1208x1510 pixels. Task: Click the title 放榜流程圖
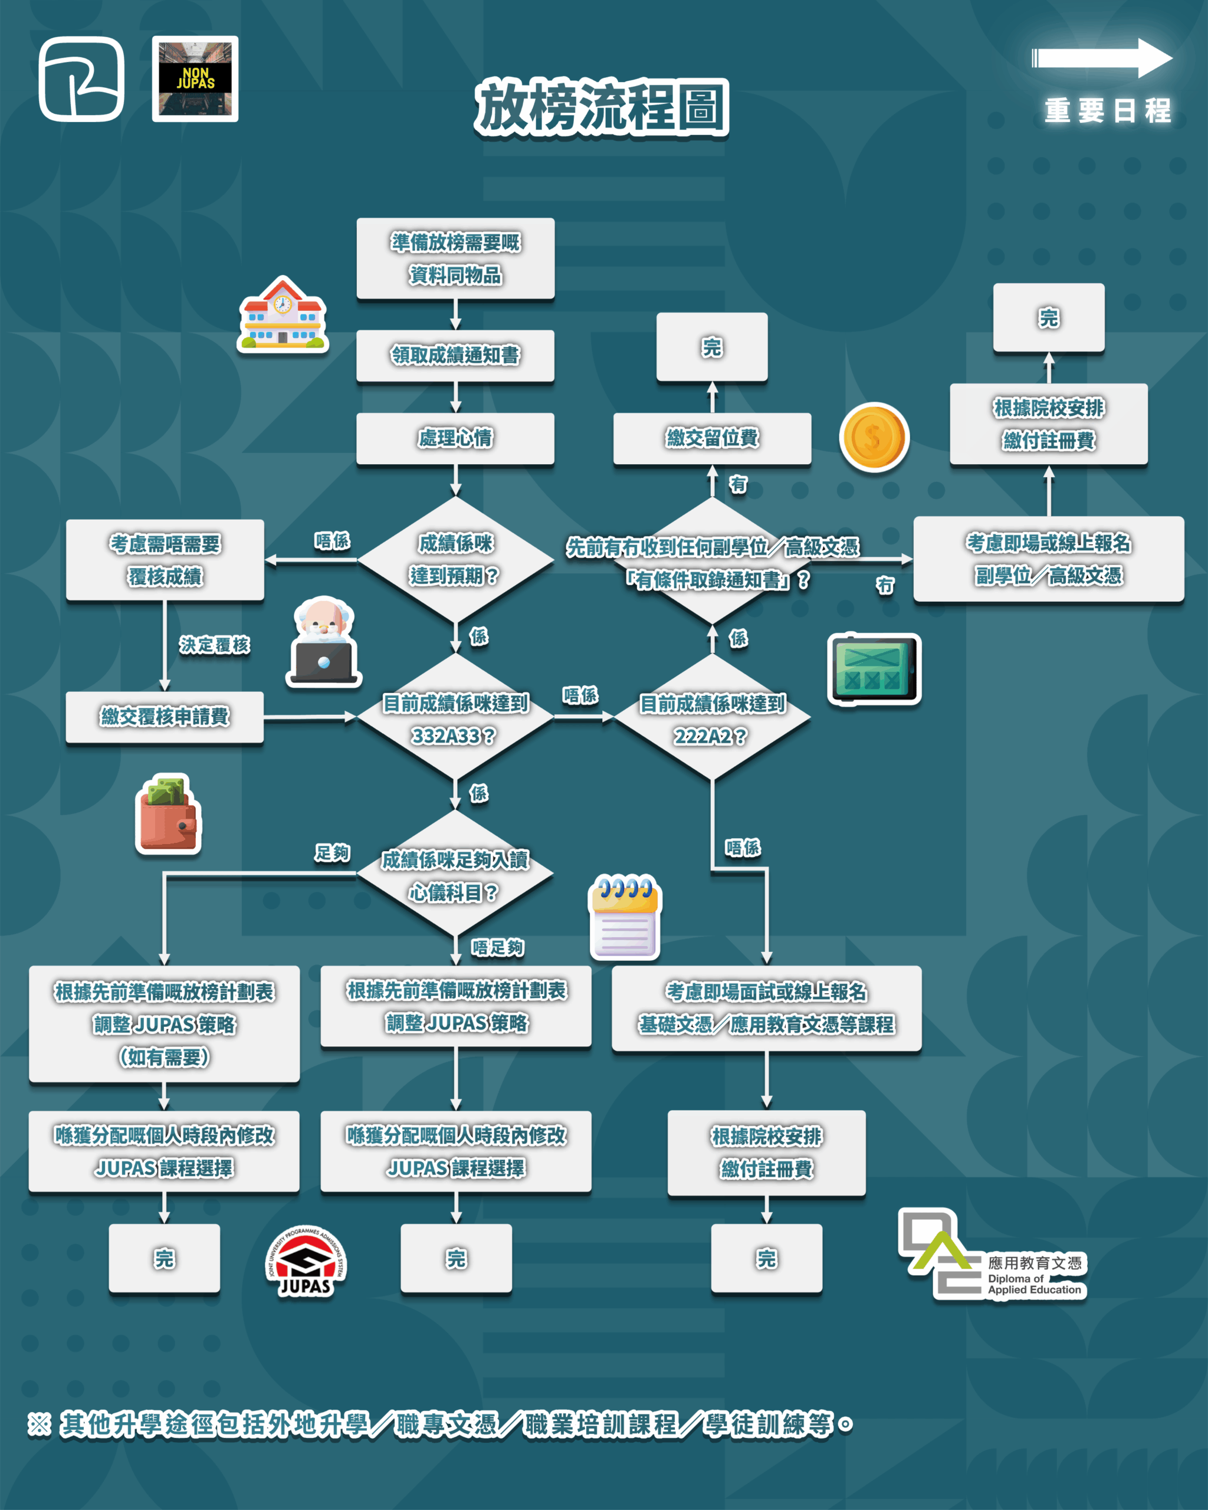(x=602, y=107)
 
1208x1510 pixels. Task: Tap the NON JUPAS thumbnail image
(x=195, y=78)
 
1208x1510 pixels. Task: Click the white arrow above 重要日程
(x=1102, y=57)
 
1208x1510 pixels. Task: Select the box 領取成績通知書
(x=455, y=356)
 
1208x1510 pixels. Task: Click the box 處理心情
(x=455, y=438)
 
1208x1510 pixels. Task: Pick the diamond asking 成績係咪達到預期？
(x=455, y=560)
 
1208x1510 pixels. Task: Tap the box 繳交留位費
(x=712, y=438)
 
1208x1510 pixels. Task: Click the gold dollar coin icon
(x=874, y=437)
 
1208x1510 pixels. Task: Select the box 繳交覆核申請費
(x=165, y=717)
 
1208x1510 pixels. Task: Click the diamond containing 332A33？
(x=455, y=717)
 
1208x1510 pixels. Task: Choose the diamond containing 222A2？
(x=712, y=717)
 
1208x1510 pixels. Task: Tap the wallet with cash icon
(x=168, y=814)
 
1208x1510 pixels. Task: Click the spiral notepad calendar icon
(x=625, y=916)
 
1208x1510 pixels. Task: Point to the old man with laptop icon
(x=324, y=642)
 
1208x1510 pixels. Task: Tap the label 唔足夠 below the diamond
(x=497, y=948)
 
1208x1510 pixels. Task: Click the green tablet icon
(x=874, y=669)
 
